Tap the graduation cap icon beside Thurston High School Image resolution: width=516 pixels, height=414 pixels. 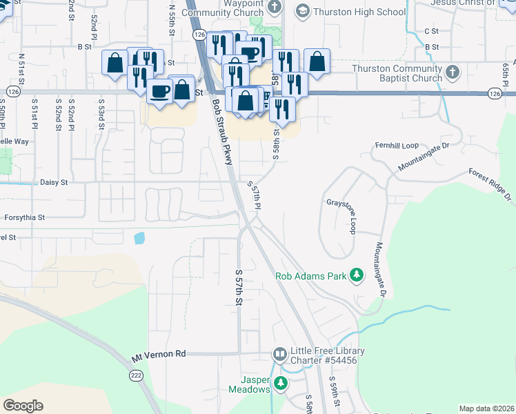click(x=302, y=11)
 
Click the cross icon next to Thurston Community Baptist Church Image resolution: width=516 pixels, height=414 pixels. click(x=453, y=72)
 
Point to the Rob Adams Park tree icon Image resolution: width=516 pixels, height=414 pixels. click(x=357, y=276)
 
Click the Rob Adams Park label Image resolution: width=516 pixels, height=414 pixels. click(x=310, y=276)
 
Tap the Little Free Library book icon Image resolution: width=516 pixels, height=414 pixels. click(x=279, y=355)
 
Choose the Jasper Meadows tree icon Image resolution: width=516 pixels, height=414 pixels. click(x=280, y=383)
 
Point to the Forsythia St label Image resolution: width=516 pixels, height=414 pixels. click(x=24, y=217)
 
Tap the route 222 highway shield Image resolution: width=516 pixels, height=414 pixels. click(x=136, y=375)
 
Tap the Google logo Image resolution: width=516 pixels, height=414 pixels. click(x=23, y=406)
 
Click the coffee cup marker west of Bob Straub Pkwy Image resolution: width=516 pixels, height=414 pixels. click(x=159, y=91)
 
